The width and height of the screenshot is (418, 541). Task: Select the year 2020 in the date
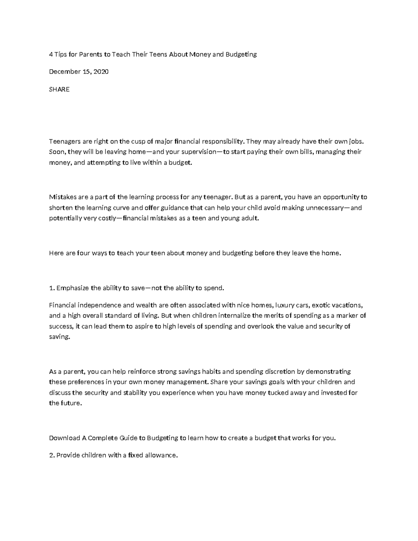(101, 72)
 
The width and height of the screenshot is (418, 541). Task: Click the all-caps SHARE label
(59, 90)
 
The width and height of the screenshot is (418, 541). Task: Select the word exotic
(320, 306)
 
